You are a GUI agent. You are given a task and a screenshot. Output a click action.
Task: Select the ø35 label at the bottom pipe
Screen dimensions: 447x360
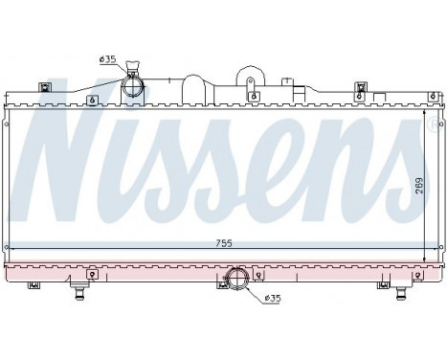274,298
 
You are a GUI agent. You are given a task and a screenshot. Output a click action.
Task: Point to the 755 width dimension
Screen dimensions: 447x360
222,242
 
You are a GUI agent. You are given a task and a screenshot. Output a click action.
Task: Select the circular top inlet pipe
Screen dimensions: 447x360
133,88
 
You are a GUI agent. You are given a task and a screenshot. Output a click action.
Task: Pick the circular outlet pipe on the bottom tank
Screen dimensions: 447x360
235,281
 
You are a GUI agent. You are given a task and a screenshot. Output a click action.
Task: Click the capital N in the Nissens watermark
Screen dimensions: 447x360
72,153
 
